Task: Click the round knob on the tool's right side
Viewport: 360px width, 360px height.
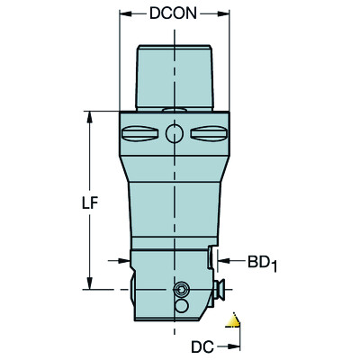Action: [219, 290]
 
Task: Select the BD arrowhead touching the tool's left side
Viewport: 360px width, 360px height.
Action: [125, 262]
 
